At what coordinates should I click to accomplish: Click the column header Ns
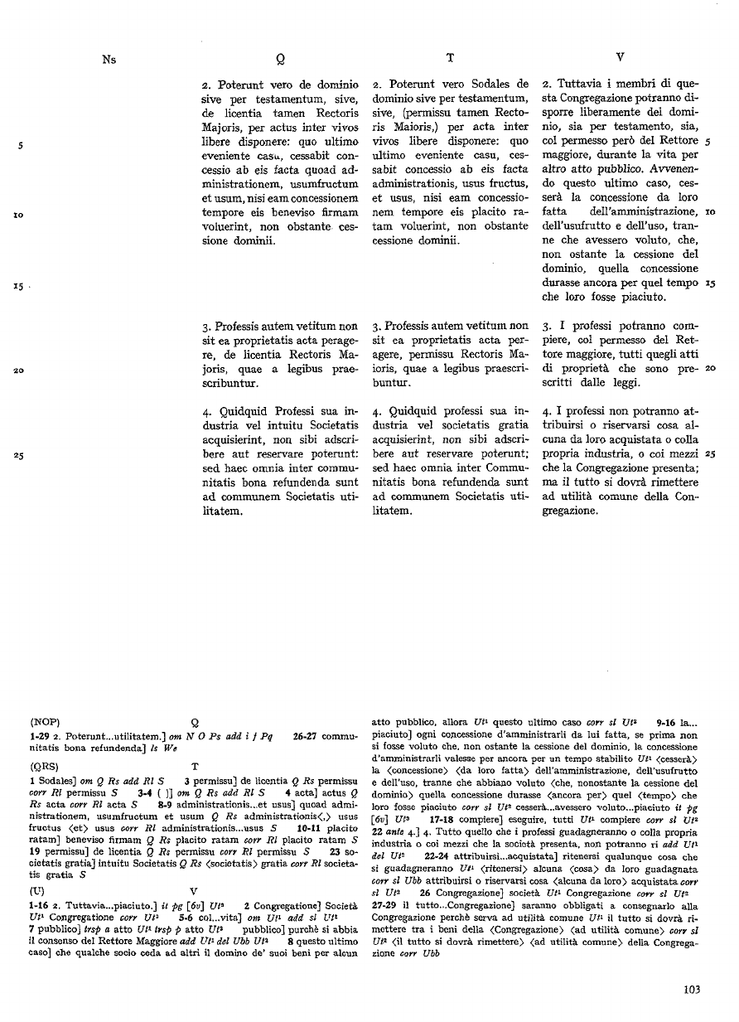(109, 58)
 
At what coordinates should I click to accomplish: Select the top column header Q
(282, 59)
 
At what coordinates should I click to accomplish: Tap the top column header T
(449, 58)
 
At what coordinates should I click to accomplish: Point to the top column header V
(621, 58)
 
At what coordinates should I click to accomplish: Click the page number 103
(693, 988)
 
